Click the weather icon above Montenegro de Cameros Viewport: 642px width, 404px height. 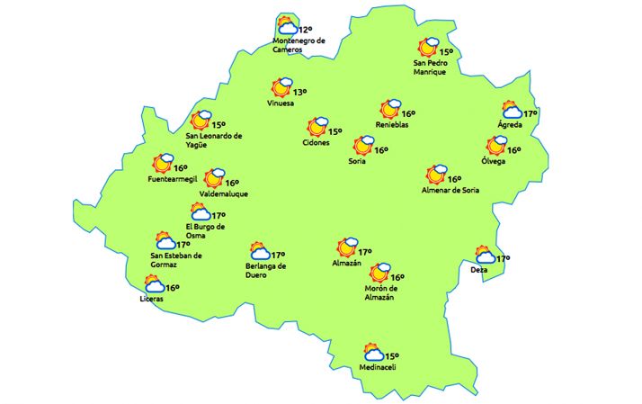click(287, 26)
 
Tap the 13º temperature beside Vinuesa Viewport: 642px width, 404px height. click(299, 92)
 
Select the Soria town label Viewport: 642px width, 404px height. click(357, 162)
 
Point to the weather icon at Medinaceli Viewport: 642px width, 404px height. click(371, 352)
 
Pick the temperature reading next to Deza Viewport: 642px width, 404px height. click(503, 259)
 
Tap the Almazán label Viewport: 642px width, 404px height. click(346, 263)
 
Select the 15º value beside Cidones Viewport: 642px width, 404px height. click(334, 132)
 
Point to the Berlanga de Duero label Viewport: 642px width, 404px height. click(265, 271)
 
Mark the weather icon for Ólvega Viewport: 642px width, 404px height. click(496, 145)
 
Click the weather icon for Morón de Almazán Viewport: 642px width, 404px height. click(379, 273)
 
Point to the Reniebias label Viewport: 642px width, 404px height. click(392, 125)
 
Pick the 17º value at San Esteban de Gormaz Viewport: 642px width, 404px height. click(183, 245)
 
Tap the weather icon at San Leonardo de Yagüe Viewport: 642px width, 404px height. click(200, 120)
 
